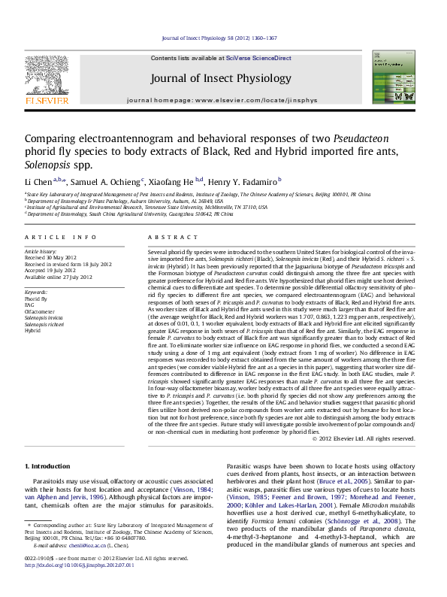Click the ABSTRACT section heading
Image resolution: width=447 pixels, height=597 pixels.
pos(167,238)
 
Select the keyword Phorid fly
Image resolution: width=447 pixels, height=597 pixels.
pos(36,298)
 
